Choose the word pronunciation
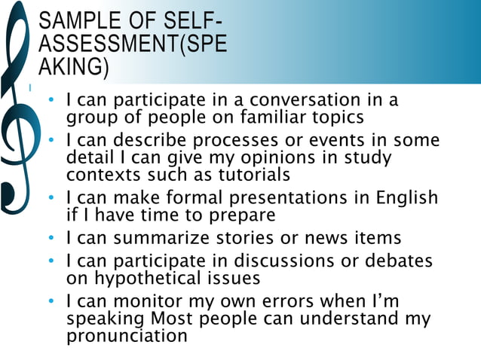(126, 335)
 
